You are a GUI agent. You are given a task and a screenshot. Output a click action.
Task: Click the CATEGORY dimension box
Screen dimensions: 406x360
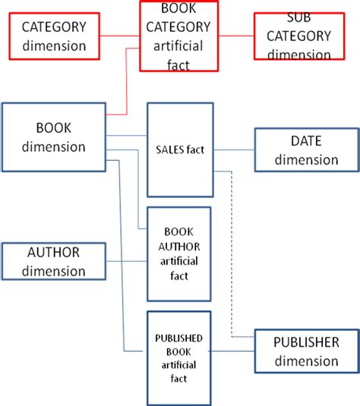point(53,36)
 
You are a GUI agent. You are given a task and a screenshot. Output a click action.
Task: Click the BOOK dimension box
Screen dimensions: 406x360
point(54,137)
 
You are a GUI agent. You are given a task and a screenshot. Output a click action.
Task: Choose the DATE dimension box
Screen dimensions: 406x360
point(306,150)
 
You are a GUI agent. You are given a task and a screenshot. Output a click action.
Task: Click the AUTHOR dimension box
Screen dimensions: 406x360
point(54,261)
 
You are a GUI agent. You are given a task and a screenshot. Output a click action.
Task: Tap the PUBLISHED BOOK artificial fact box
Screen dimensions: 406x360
point(178,357)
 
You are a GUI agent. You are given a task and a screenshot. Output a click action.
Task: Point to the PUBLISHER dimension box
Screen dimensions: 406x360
point(306,351)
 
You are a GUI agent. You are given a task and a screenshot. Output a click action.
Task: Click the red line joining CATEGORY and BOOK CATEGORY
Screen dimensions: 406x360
point(121,35)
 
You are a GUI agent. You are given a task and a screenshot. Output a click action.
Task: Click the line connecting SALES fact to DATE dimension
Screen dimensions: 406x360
point(234,149)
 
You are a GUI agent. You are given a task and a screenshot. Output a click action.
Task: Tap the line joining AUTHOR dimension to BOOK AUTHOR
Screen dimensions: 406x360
point(125,261)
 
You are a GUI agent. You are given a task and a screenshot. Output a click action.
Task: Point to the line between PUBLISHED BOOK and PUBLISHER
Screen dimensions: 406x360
point(232,351)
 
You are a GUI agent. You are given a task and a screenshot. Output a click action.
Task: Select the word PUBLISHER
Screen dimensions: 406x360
point(306,342)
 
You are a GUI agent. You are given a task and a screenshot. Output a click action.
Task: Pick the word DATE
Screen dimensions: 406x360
point(306,142)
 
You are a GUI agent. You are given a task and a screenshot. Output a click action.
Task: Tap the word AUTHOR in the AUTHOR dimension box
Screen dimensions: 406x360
point(54,253)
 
